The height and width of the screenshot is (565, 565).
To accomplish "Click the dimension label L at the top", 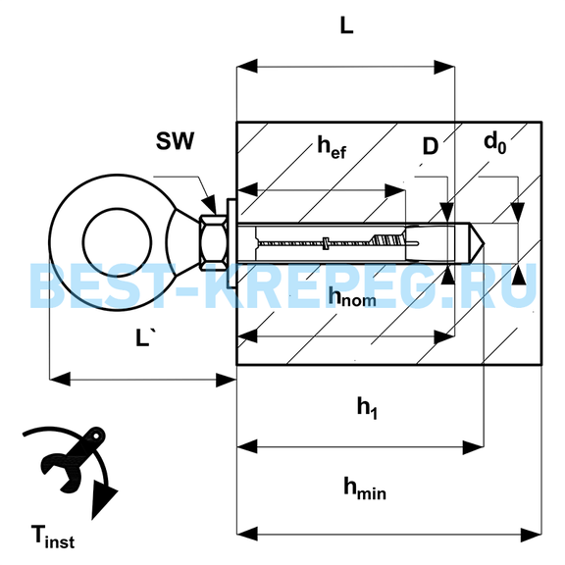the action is point(346,26).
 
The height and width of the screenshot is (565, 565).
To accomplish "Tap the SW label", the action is point(176,141).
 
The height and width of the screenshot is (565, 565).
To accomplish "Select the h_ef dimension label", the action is point(332,147).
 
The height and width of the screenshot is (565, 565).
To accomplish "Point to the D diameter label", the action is point(431,147).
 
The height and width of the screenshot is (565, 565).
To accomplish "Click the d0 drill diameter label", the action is point(495,142).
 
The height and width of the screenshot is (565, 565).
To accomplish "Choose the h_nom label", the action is point(352,297).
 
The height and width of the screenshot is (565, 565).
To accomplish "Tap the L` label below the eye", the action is point(145,337).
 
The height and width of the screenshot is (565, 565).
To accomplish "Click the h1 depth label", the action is point(367,408).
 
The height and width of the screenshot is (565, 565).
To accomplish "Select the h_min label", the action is point(365,488).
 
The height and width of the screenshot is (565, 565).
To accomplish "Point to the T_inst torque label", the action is point(53,537).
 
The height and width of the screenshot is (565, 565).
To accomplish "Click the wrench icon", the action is point(72,459).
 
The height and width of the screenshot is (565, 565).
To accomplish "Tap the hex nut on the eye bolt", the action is point(213,242).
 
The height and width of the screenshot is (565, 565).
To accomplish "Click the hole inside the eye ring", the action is point(117,242).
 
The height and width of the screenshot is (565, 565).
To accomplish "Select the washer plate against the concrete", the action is point(231,243).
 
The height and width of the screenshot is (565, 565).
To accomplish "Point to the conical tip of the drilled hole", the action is point(477,243).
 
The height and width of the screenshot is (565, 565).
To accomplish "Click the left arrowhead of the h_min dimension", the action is point(247,534).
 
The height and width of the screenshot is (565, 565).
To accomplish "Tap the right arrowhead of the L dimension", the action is point(444,67).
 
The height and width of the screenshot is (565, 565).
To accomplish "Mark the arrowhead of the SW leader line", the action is point(210,205).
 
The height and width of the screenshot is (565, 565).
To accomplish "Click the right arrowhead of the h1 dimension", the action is point(473,447).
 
